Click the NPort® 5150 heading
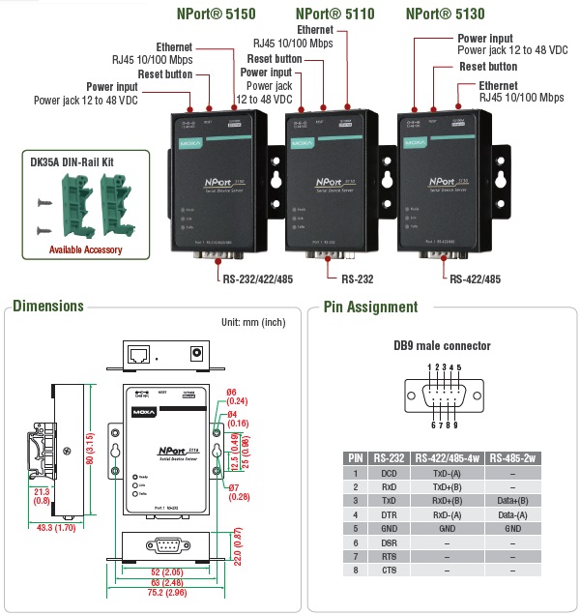[x=217, y=15]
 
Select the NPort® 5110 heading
[x=334, y=15]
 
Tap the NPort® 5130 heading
[x=446, y=15]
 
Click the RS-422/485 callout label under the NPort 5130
[x=476, y=278]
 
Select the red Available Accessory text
[x=86, y=249]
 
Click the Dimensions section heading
[x=47, y=307]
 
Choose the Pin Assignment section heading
[x=370, y=307]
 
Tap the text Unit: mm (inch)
[x=254, y=323]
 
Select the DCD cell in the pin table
[x=390, y=473]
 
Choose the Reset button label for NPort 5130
[x=487, y=67]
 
